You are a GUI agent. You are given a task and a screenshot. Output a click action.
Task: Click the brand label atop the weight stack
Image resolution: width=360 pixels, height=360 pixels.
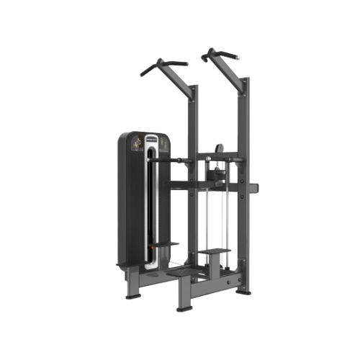pyautogui.click(x=152, y=137)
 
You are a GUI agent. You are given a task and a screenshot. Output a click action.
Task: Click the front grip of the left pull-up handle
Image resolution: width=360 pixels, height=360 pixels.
pyautogui.click(x=146, y=71)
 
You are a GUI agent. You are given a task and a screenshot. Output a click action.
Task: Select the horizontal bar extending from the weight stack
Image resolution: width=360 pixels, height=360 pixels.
pyautogui.click(x=180, y=160)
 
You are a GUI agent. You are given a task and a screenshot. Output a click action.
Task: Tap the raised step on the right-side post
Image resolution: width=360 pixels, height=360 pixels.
pyautogui.click(x=215, y=251)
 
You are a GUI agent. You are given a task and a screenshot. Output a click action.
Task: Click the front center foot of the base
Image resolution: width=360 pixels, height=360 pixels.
pyautogui.click(x=184, y=308)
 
